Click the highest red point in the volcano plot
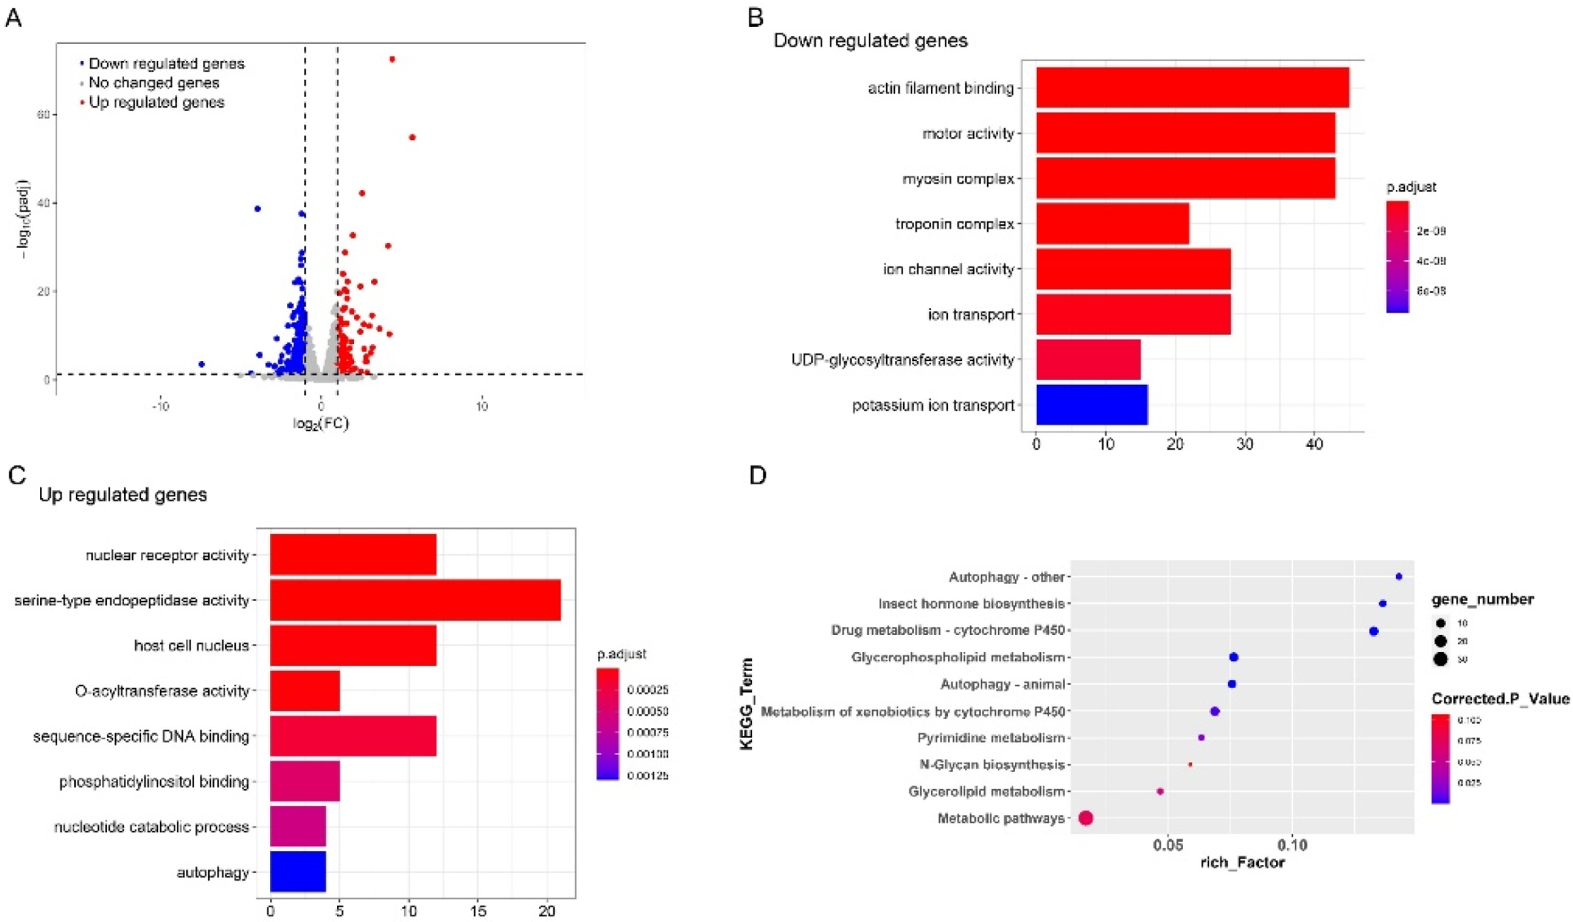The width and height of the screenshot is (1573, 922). [x=392, y=60]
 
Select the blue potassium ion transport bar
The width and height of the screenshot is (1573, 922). [x=1092, y=405]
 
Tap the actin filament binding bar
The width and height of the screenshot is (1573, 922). [x=1191, y=88]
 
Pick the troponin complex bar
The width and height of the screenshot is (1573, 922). [x=1112, y=223]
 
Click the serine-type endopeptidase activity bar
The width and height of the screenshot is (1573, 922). [x=415, y=600]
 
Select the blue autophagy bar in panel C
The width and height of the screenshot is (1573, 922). [x=298, y=871]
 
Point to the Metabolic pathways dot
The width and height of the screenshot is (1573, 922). [x=1085, y=818]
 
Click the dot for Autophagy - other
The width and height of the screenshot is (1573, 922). [x=1398, y=576]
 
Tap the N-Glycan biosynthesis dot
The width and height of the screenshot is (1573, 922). [x=1190, y=765]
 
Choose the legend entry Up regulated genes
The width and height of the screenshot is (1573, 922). [x=156, y=103]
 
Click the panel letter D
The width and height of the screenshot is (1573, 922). [x=758, y=475]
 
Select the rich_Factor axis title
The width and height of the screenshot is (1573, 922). [x=1242, y=862]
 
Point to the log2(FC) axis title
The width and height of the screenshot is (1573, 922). [x=321, y=423]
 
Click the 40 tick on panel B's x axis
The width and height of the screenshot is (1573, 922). [x=1314, y=444]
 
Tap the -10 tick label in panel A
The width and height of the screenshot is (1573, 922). [x=161, y=406]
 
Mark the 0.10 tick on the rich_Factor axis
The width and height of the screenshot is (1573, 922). [x=1292, y=845]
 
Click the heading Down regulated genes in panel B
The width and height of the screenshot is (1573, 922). [x=870, y=41]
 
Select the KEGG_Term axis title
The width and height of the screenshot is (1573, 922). [x=746, y=704]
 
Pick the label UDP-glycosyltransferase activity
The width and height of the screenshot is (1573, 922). [x=902, y=360]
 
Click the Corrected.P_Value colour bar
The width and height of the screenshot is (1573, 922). [x=1440, y=759]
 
